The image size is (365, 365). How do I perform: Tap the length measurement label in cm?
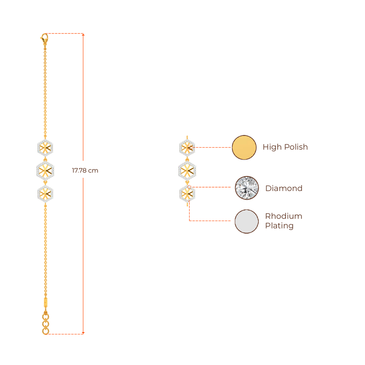click(85, 171)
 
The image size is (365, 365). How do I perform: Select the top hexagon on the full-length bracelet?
click(45, 148)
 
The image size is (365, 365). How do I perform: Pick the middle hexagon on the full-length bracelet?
click(45, 170)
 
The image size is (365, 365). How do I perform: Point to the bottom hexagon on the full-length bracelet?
click(45, 194)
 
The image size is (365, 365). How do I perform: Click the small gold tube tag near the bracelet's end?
click(45, 302)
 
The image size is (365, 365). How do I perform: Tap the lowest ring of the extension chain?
click(45, 331)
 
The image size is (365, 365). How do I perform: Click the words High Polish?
click(285, 147)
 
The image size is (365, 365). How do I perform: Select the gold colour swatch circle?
click(244, 147)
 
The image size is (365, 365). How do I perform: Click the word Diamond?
click(284, 188)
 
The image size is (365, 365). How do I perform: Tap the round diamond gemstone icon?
click(247, 188)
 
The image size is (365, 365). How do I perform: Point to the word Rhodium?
click(283, 216)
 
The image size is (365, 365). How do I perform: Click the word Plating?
click(279, 226)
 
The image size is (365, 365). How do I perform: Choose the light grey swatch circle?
click(247, 221)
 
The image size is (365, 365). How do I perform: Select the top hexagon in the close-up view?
click(187, 147)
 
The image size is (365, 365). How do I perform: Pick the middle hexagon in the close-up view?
click(187, 170)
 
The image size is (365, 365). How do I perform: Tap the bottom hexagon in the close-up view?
click(187, 194)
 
